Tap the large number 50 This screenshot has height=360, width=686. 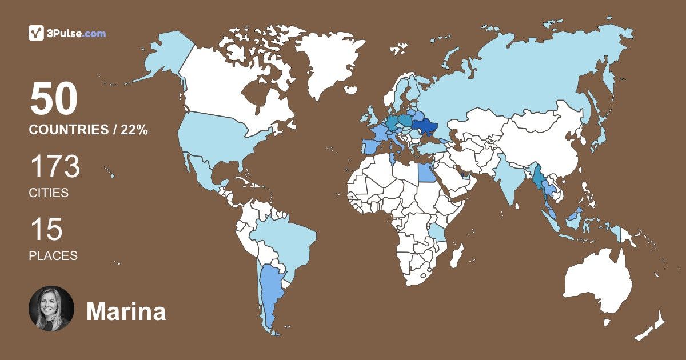point(54,99)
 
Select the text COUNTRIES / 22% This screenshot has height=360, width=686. point(89,130)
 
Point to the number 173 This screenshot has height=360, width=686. point(55,168)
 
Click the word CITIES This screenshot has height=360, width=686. point(49,193)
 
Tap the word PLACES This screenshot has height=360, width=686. point(53,256)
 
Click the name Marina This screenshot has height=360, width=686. point(126,312)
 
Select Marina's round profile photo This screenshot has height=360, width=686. point(51,309)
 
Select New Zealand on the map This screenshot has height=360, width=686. point(652,326)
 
